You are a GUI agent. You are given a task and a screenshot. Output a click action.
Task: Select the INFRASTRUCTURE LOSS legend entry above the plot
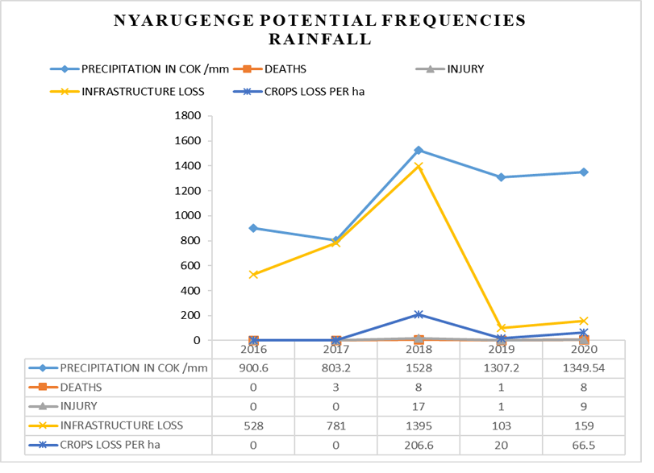click(142, 91)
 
